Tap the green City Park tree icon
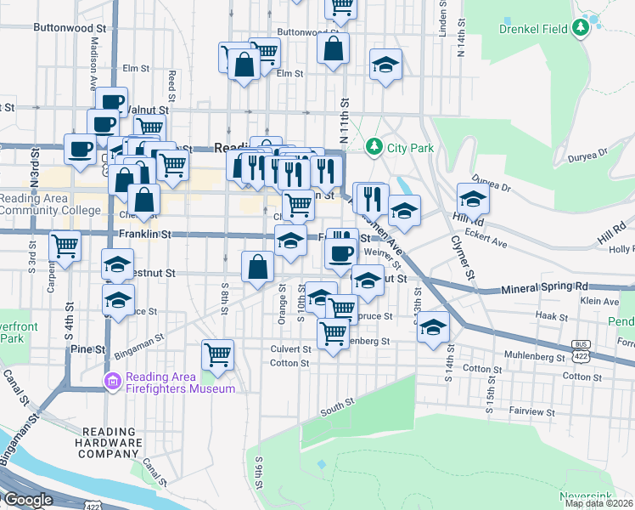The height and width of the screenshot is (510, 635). (x=374, y=148)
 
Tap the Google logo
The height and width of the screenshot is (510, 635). (x=27, y=500)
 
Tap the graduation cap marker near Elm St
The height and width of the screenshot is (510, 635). (x=385, y=65)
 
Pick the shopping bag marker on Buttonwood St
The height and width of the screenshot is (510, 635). (x=334, y=48)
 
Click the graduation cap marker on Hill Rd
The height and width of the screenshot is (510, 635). (x=473, y=199)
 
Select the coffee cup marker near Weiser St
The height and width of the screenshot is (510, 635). (x=341, y=252)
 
